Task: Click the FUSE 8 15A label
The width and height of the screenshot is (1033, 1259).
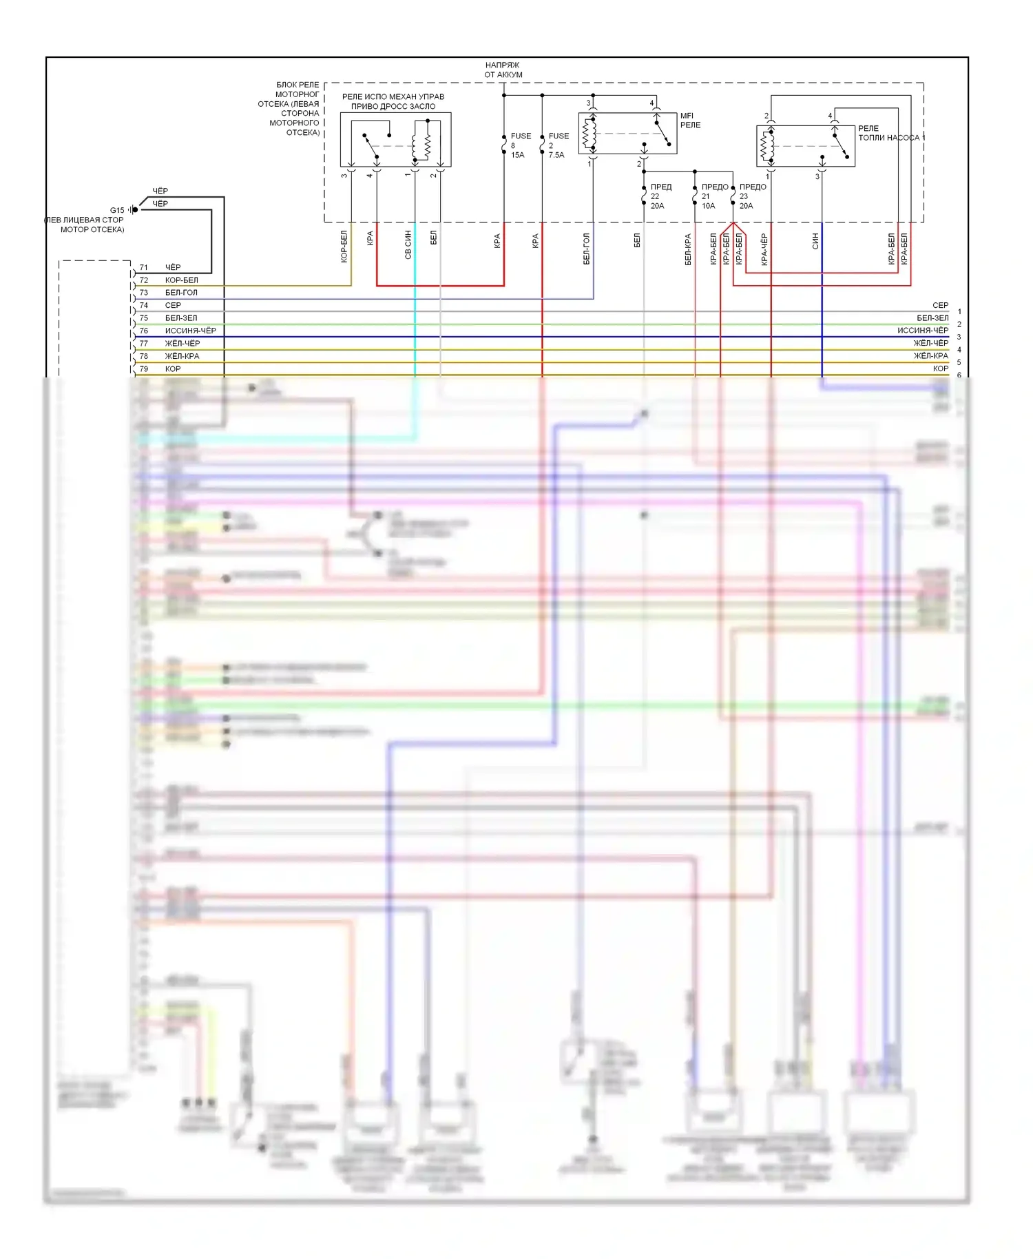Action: click(520, 145)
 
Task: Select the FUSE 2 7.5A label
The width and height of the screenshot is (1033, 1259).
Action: click(558, 145)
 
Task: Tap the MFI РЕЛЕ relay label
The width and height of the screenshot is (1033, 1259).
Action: click(690, 121)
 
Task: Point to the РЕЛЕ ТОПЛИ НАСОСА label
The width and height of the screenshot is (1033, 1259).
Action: click(888, 134)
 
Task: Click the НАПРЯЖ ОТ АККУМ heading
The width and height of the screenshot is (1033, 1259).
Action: click(503, 70)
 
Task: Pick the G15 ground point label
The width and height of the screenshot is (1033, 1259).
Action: click(117, 210)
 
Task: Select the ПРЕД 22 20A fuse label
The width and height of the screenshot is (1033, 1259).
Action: click(660, 196)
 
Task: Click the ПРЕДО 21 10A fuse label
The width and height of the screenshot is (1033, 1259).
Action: click(713, 196)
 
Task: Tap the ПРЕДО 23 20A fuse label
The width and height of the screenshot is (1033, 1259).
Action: click(751, 196)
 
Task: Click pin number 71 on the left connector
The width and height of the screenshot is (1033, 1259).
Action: click(144, 267)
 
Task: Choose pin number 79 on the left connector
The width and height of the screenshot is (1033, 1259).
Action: click(144, 369)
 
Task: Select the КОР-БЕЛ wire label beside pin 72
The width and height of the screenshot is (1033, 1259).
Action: click(182, 280)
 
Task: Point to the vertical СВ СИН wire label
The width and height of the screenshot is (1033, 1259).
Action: click(408, 244)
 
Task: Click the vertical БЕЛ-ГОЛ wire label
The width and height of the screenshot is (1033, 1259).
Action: click(587, 249)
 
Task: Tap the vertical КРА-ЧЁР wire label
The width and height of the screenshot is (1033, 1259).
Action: click(764, 249)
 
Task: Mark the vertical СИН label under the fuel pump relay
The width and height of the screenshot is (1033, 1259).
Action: click(815, 240)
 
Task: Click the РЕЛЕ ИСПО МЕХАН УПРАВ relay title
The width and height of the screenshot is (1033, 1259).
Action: click(393, 101)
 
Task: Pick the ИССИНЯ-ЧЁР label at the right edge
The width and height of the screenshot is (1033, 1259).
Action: click(923, 331)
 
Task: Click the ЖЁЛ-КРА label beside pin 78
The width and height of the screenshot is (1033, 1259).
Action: click(182, 356)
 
